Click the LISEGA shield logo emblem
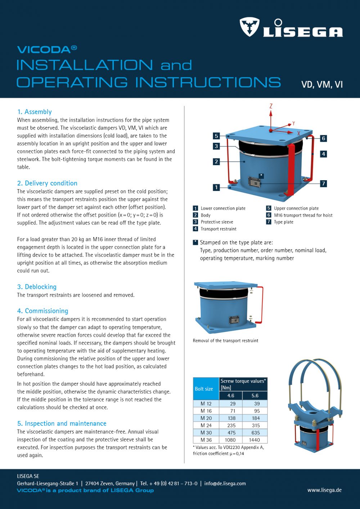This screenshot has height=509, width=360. pos(249,27)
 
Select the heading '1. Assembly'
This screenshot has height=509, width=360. pos(35,112)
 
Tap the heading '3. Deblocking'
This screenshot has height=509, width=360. pos(37,287)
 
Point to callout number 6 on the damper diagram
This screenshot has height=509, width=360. pos(323,138)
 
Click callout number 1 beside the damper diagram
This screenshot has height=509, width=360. pos(216,187)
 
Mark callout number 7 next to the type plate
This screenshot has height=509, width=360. pos(323,183)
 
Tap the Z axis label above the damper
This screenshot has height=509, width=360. pos(271,106)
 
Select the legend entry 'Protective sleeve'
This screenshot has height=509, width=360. pos(217,222)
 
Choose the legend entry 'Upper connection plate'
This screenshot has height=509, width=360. pos(296,208)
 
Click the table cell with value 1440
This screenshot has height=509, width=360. pos(254,440)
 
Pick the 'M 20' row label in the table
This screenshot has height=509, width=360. pos(206,418)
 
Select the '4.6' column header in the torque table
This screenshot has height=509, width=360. pos(231,395)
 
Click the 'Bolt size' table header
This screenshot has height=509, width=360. pos(204,389)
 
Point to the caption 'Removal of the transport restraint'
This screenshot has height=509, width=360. pos(225,341)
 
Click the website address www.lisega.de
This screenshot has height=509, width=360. pos(324,490)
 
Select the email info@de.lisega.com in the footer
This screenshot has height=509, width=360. pos(225,483)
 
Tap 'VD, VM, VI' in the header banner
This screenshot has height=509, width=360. pos(322,85)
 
